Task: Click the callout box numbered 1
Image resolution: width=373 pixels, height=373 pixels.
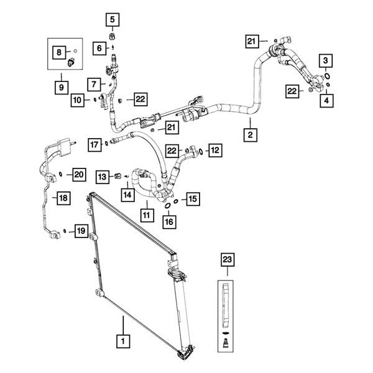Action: (123, 341)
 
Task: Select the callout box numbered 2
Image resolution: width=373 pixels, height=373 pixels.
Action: (251, 135)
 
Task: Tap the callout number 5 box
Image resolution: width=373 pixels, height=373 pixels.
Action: (113, 19)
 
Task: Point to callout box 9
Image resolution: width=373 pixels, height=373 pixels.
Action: (61, 88)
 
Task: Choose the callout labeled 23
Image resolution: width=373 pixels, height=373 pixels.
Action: (227, 259)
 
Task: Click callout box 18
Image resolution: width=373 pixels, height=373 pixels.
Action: (63, 198)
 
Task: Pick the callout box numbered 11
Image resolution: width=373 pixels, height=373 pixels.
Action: (147, 215)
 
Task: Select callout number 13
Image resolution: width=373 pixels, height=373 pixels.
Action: (103, 177)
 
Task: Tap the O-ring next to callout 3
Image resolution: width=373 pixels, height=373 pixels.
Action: (327, 76)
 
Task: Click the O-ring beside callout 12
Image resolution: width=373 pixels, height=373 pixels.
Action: (201, 151)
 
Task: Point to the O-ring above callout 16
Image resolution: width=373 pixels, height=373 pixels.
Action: (167, 206)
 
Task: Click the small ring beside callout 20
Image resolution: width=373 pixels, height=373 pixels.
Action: (60, 174)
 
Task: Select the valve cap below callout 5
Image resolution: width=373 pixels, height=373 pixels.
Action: (113, 37)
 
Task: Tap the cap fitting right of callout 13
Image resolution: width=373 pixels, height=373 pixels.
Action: (118, 176)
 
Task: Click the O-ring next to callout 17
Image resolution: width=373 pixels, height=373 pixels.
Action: (106, 143)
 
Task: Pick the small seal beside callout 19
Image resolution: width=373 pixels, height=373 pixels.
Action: (65, 231)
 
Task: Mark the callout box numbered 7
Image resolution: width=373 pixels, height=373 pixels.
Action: (94, 84)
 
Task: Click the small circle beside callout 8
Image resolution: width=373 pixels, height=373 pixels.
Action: (75, 51)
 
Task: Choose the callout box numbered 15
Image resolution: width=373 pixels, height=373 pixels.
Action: (193, 199)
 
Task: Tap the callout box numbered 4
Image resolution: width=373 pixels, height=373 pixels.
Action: (326, 101)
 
